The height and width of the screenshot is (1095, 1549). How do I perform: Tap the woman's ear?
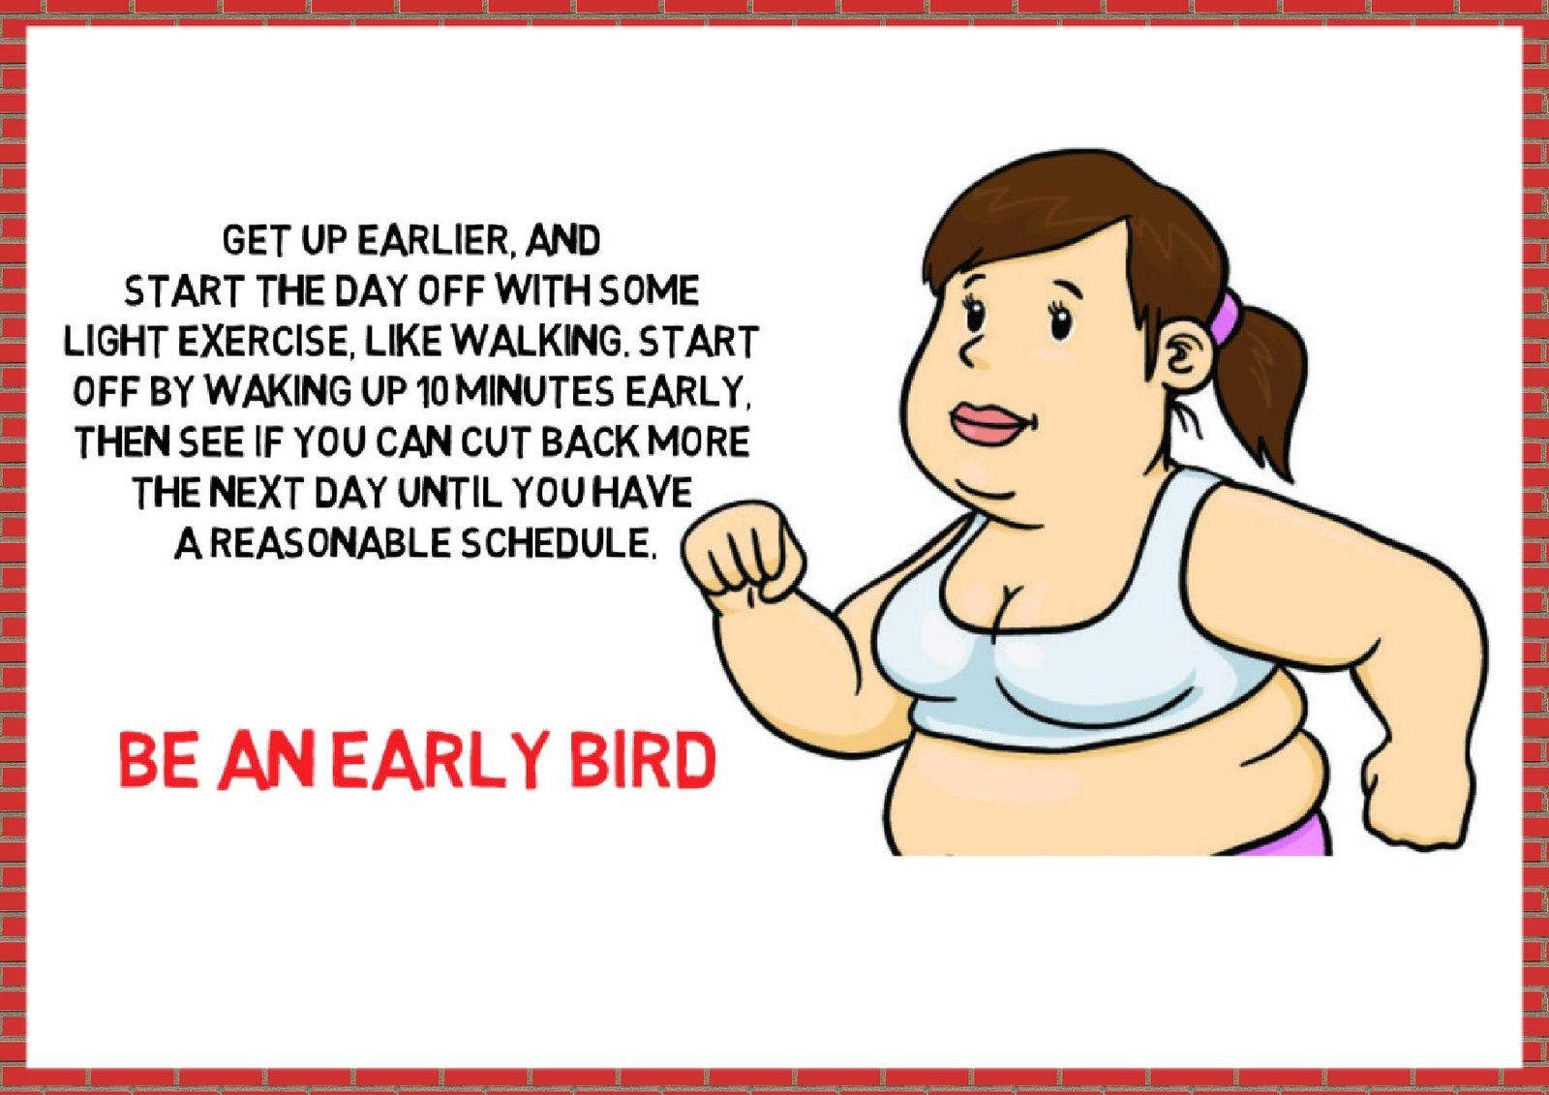tap(1185, 357)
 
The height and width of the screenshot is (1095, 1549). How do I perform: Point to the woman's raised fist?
tap(744, 551)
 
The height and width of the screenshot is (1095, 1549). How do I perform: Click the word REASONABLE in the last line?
tap(330, 543)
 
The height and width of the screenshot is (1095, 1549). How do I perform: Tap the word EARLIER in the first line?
tap(437, 240)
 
